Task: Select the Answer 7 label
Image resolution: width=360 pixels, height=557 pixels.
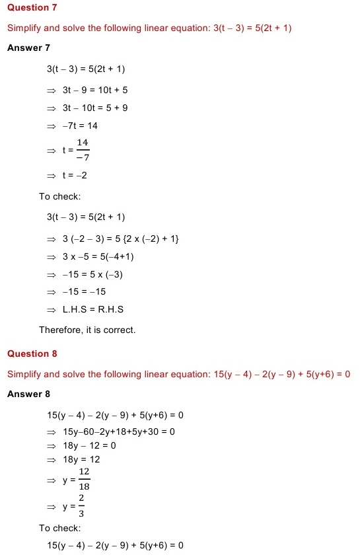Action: (x=28, y=48)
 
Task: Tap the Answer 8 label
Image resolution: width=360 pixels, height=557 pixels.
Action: (x=28, y=394)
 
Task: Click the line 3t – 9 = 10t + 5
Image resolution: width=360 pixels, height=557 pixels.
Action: (x=95, y=89)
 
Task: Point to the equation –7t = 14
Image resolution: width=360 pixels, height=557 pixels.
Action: (x=80, y=126)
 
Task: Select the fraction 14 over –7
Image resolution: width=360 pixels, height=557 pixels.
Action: (x=83, y=150)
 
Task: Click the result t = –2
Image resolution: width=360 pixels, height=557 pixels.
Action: (x=75, y=175)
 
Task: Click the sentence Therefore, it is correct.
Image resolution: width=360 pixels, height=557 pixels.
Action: (x=87, y=330)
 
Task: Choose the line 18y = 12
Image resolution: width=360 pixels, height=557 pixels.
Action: (x=81, y=459)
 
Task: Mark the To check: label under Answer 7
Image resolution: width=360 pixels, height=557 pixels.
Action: (x=60, y=196)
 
